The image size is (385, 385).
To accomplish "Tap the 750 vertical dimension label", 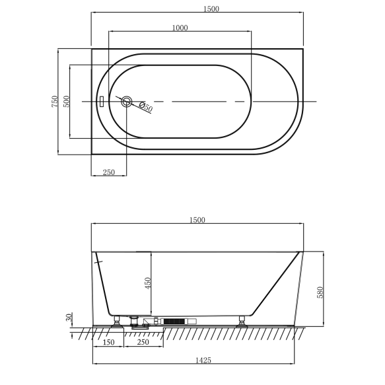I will point(55,101).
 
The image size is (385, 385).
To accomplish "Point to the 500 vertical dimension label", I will point(66,101).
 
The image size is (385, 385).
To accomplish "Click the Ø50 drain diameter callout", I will point(145,108).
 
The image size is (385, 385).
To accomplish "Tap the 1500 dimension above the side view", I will point(197,220).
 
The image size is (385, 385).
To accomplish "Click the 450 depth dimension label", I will point(148,283).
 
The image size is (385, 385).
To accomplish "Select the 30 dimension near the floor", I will point(69,318).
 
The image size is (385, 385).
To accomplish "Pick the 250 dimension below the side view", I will point(141,341).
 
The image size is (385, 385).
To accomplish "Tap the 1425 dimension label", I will point(193,360).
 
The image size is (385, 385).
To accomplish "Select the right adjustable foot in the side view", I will point(242,321).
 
